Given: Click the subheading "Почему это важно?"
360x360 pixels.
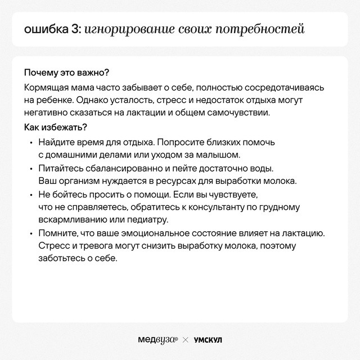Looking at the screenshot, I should (66, 74).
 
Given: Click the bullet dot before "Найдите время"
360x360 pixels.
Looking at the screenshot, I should (31, 143).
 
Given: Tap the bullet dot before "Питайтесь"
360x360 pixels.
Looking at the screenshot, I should (31, 169).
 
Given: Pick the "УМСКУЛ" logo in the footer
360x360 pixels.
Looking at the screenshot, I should (208, 340).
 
